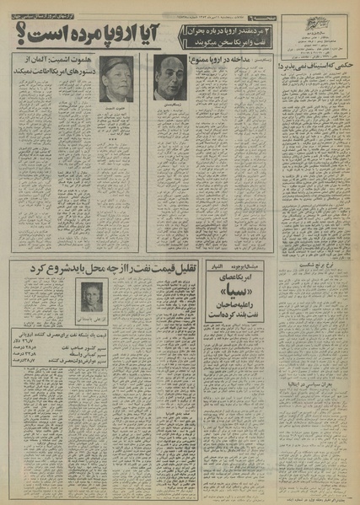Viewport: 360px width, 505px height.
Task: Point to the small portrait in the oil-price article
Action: point(89,294)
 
